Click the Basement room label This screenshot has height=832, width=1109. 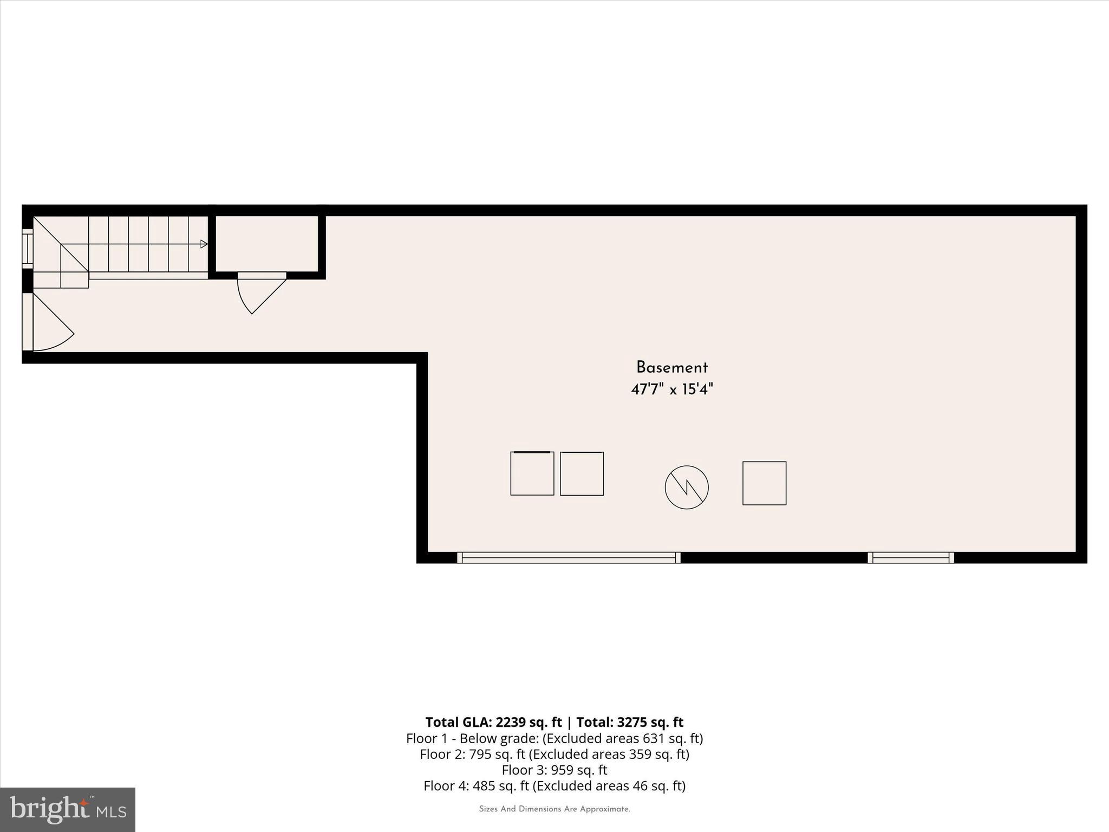pyautogui.click(x=671, y=368)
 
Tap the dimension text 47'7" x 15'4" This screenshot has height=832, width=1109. pyautogui.click(x=671, y=389)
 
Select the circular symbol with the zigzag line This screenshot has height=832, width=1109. pyautogui.click(x=686, y=487)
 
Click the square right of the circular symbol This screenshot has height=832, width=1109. pyautogui.click(x=764, y=483)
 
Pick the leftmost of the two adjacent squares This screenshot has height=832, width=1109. pyautogui.click(x=532, y=473)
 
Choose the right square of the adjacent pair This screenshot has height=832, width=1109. pyautogui.click(x=582, y=473)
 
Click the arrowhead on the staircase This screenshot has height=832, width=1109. pyautogui.click(x=204, y=244)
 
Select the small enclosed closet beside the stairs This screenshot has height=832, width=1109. pyautogui.click(x=267, y=243)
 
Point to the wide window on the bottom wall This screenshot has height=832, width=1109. pyautogui.click(x=569, y=557)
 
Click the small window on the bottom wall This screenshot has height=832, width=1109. pyautogui.click(x=910, y=557)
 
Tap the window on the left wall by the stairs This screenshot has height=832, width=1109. pyautogui.click(x=27, y=248)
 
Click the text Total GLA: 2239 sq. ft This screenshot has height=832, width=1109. pyautogui.click(x=493, y=722)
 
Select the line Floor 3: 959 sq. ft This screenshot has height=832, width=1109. pyautogui.click(x=554, y=770)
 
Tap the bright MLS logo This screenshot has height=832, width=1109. pyautogui.click(x=68, y=810)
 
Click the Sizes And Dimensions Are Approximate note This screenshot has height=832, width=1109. pyautogui.click(x=554, y=809)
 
